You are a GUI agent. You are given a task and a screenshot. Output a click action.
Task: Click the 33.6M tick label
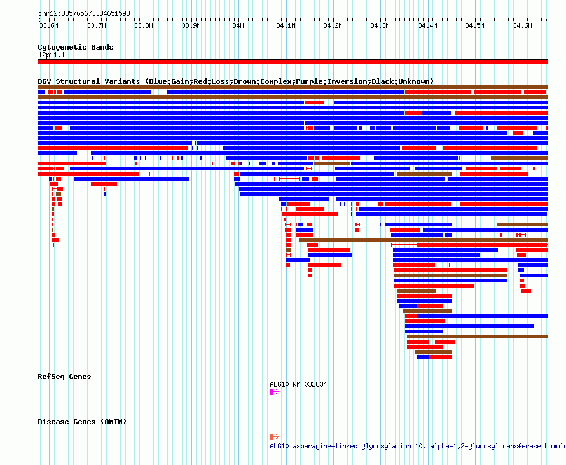coord(49,25)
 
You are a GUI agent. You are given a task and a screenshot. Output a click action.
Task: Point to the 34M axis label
coord(238,25)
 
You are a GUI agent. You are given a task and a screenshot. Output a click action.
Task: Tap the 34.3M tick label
coord(380,25)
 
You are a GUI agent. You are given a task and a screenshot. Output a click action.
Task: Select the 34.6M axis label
coord(522,25)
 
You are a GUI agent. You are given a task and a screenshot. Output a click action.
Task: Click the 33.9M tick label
coord(191,25)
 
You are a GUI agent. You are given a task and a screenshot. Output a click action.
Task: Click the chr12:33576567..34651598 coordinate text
coord(84,14)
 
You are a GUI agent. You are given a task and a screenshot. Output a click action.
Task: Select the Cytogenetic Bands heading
coord(76,47)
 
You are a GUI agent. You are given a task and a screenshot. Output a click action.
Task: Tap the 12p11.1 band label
coord(52,55)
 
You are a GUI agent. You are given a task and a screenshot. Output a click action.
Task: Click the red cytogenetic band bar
coord(293,62)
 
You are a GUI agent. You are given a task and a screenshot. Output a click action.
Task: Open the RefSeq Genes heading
coord(64,377)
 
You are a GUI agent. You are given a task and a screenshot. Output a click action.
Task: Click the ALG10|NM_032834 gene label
coord(298,384)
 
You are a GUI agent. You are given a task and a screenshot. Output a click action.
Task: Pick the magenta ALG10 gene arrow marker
coord(274,392)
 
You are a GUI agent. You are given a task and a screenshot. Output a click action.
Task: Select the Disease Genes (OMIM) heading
coord(82,422)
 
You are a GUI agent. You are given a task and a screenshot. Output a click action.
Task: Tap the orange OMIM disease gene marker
coord(274,437)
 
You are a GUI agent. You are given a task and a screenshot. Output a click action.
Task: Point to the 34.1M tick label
coord(286,25)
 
